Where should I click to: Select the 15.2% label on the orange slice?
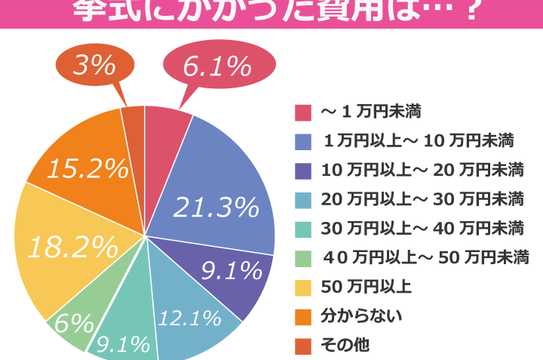(87, 169)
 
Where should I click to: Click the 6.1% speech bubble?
(216, 68)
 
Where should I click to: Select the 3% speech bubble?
(94, 65)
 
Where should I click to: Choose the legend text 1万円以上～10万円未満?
(419, 140)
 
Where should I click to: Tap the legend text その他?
(345, 346)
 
